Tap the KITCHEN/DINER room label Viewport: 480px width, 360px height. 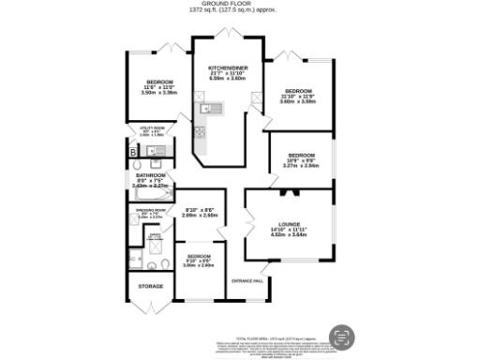226,68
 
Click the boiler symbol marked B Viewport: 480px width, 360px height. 133,151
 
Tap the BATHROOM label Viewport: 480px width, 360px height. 150,175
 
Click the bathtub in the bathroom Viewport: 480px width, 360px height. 150,195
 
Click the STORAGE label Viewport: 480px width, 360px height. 151,286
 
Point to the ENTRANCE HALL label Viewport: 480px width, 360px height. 248,280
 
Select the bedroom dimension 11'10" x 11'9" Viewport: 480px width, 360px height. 298,97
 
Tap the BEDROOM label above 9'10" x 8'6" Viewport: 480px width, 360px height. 199,255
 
